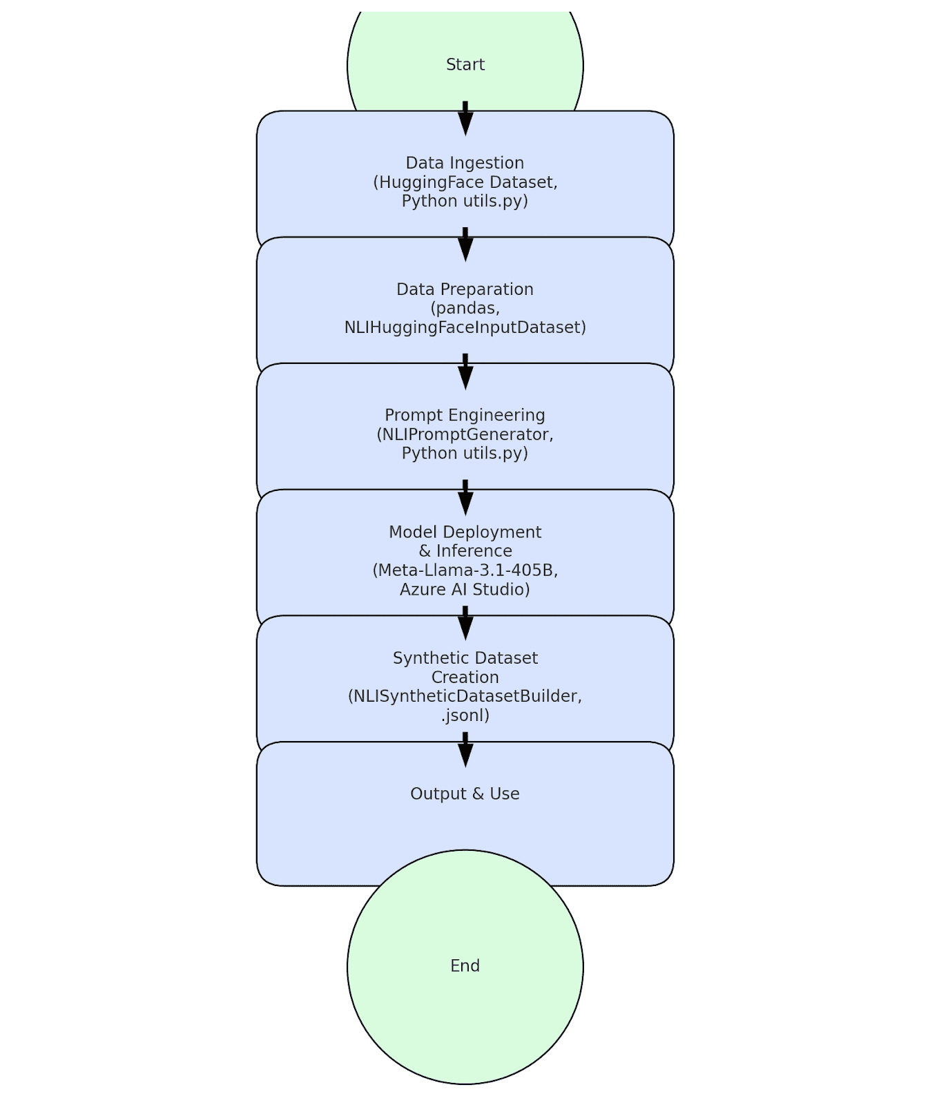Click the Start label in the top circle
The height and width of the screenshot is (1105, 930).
(465, 65)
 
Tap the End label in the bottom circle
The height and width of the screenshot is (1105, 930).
(465, 965)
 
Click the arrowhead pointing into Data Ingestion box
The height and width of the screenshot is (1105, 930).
(465, 123)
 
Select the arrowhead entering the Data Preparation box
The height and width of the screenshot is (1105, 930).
(465, 249)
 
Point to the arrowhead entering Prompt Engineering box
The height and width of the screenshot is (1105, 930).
(465, 376)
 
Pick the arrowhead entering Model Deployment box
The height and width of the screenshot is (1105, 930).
(465, 503)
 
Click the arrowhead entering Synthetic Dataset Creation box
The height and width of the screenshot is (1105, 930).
(465, 628)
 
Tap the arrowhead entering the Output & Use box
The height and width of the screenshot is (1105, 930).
(465, 754)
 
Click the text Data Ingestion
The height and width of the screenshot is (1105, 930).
(465, 163)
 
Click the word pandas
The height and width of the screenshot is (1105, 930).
(465, 308)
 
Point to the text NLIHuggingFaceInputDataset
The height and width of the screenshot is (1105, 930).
(465, 327)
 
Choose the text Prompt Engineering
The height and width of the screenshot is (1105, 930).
(465, 415)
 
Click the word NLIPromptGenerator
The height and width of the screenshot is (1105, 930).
(465, 434)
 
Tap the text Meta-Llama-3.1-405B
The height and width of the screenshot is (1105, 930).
(465, 570)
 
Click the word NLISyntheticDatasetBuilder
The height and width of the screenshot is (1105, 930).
(465, 696)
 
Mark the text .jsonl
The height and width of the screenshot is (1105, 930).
(465, 715)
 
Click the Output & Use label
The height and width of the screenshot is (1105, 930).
(465, 794)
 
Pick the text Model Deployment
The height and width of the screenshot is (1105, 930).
(465, 532)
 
